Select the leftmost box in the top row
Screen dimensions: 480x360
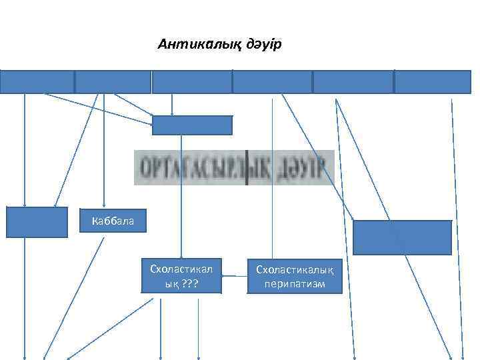click(x=37, y=81)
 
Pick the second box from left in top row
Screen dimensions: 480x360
click(x=113, y=81)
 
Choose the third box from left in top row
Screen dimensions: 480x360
click(x=192, y=81)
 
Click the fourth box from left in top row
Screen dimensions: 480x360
click(x=272, y=81)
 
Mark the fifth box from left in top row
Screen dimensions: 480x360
click(x=353, y=81)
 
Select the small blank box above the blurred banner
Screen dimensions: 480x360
click(x=192, y=125)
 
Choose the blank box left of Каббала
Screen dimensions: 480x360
click(x=37, y=222)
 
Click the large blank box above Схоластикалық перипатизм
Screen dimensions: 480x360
click(x=402, y=237)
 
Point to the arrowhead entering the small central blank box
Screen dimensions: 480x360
click(x=173, y=113)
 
